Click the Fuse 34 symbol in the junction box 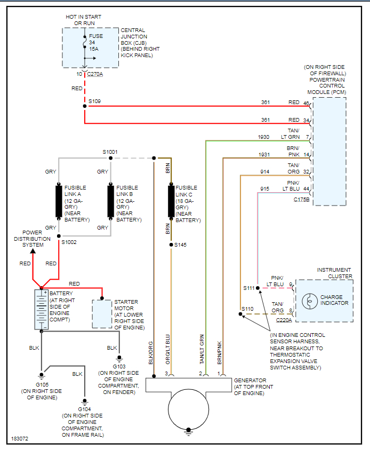pos(84,47)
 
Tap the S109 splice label pos(94,101)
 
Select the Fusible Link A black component pos(59,201)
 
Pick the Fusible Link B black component pos(110,201)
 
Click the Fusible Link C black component pos(171,201)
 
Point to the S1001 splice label pos(110,152)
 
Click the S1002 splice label pos(69,242)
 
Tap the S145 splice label pos(181,245)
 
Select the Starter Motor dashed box pos(102,313)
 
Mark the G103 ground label pos(119,366)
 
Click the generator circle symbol pos(188,408)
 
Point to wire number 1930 pos(263,137)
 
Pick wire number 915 pos(264,189)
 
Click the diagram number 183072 pos(20,439)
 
